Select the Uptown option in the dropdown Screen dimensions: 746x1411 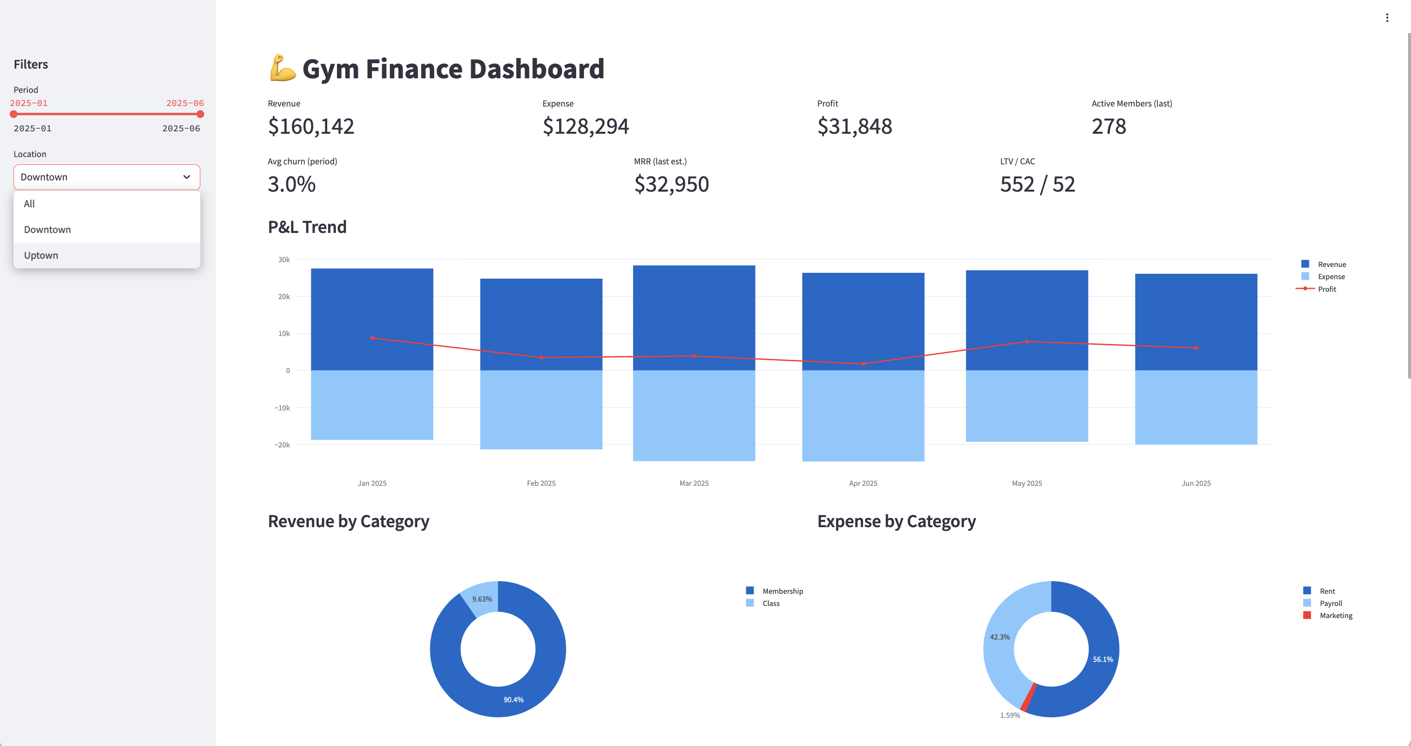click(41, 255)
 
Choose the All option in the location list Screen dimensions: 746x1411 click(30, 204)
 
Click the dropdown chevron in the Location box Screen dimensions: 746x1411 click(186, 177)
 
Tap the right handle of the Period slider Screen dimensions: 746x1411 click(200, 114)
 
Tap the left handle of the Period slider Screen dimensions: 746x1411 click(14, 114)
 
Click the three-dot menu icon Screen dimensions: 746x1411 click(1387, 18)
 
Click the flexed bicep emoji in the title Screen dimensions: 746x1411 click(282, 69)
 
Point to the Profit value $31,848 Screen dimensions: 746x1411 click(854, 126)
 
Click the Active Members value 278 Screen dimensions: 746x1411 click(1108, 126)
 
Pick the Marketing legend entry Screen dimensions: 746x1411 click(1336, 616)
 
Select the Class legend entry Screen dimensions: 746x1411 click(770, 604)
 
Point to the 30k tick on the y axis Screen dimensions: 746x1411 click(284, 260)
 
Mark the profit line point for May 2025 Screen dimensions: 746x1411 click(1027, 342)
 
